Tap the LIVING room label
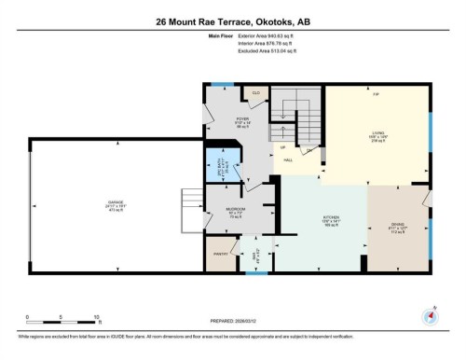[377, 133]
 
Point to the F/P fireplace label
[376, 94]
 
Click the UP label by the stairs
[282, 147]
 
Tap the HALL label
[291, 160]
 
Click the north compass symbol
[430, 315]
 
